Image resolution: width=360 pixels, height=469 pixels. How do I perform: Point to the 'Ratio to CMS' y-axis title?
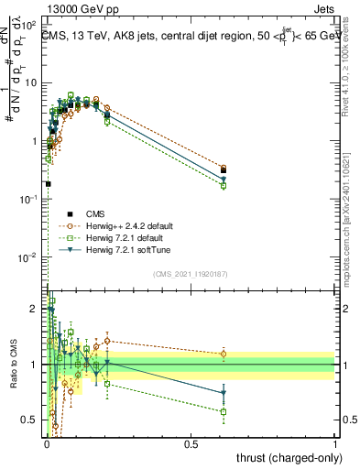click(x=12, y=365)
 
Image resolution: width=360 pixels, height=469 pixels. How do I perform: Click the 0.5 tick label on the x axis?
click(x=191, y=444)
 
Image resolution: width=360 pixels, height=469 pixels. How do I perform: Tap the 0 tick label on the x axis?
click(x=47, y=444)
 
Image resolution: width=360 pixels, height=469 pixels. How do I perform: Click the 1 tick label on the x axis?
click(x=335, y=444)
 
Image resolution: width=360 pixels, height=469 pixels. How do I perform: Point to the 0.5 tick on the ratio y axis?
click(x=35, y=420)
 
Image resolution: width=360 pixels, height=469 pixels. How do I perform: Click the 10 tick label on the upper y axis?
click(x=33, y=82)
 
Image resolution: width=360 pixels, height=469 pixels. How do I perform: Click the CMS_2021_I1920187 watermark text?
click(x=191, y=274)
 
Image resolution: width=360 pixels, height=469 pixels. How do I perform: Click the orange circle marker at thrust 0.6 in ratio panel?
click(x=224, y=354)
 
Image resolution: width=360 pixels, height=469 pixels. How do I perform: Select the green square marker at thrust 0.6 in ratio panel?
click(x=224, y=411)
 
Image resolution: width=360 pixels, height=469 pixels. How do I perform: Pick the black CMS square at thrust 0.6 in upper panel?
click(x=224, y=169)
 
